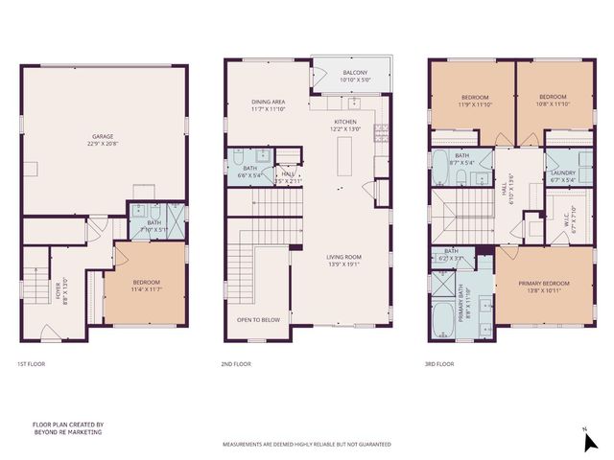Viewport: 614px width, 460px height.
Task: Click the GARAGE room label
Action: [x=104, y=136]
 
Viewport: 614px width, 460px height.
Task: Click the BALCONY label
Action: [x=353, y=74]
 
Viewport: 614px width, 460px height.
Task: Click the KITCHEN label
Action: [x=345, y=123]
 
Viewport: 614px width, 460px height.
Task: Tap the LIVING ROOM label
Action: [x=342, y=257]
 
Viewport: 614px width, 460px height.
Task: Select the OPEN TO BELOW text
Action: [x=258, y=320]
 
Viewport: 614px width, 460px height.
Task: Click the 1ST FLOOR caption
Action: [x=31, y=364]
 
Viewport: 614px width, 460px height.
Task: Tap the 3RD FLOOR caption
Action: [x=439, y=364]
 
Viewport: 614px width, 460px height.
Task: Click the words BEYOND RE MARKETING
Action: [x=67, y=432]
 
